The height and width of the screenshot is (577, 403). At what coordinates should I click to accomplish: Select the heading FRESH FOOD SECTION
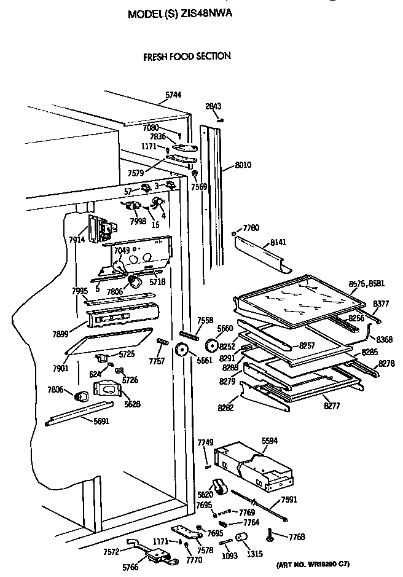pos(187,56)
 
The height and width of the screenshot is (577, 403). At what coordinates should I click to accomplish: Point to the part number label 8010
pos(243,165)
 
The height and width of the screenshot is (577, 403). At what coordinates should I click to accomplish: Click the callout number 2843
pos(213,106)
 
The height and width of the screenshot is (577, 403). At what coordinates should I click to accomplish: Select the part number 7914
pos(77,239)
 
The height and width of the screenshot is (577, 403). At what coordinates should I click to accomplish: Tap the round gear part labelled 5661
pos(181,351)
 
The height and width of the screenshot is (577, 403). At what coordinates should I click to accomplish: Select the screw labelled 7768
pos(271,537)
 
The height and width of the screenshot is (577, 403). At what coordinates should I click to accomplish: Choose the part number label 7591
pos(289,482)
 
